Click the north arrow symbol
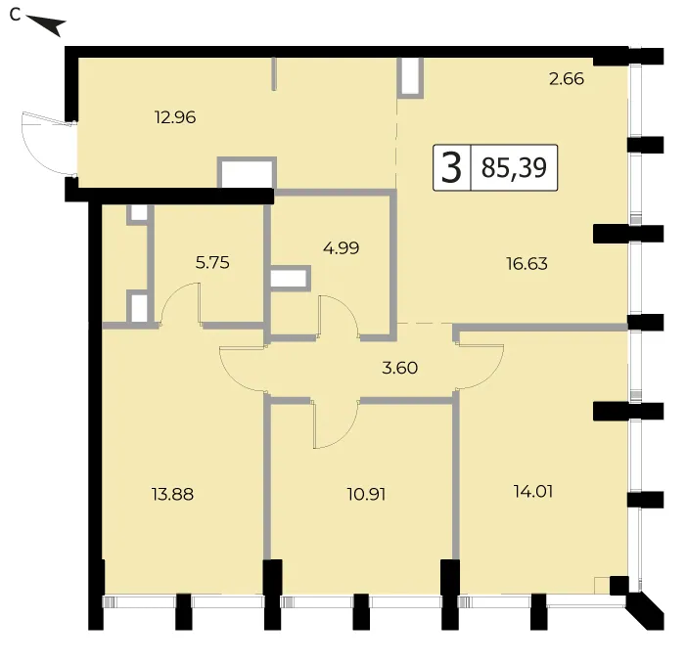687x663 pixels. (x=46, y=25)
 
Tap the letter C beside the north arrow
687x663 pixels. (x=16, y=15)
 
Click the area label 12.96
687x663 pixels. (x=175, y=117)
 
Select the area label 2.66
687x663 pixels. (x=567, y=79)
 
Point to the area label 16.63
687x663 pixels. (x=527, y=264)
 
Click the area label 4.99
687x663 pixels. (x=342, y=248)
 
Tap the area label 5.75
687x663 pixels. (x=212, y=263)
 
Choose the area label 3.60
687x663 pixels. (x=400, y=368)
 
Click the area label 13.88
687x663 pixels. (x=172, y=495)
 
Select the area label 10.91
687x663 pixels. (x=366, y=495)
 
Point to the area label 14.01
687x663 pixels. (x=533, y=491)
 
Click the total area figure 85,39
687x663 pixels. (x=514, y=168)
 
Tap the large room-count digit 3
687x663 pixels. (x=452, y=168)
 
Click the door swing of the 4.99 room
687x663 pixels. (x=339, y=316)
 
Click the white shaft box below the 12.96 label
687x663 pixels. (x=247, y=175)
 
